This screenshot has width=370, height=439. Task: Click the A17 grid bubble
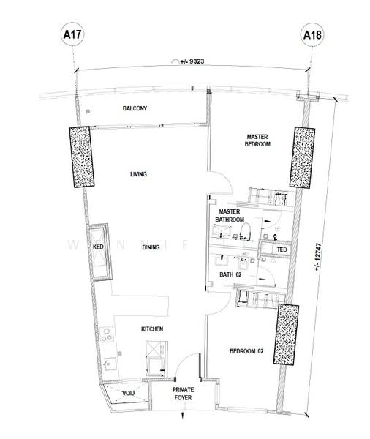coord(72,34)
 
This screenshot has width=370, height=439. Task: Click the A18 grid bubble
coord(312,35)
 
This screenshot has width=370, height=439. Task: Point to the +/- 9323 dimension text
coord(192,61)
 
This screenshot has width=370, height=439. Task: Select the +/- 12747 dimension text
coord(318,256)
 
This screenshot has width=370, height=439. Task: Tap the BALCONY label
coord(135,108)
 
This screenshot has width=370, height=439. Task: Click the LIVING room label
coord(138,174)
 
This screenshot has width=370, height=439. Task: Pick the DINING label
coord(151,247)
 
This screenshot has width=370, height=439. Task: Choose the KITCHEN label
coord(152,329)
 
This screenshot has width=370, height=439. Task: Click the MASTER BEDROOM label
coord(257,140)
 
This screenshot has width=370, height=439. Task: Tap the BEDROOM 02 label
coord(246,351)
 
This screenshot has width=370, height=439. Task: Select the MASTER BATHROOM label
coord(230,216)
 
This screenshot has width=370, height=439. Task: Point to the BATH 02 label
coord(230,274)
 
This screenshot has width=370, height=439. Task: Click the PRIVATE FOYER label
coord(183,394)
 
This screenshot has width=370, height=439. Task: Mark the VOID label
coord(129,394)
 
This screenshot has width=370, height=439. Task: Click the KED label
coord(98,247)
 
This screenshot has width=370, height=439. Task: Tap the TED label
coord(282,249)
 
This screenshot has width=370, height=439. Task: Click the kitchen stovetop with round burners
coord(107,334)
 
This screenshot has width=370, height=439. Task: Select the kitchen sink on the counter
coord(110,364)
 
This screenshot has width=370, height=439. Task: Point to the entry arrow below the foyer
coord(183,415)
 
